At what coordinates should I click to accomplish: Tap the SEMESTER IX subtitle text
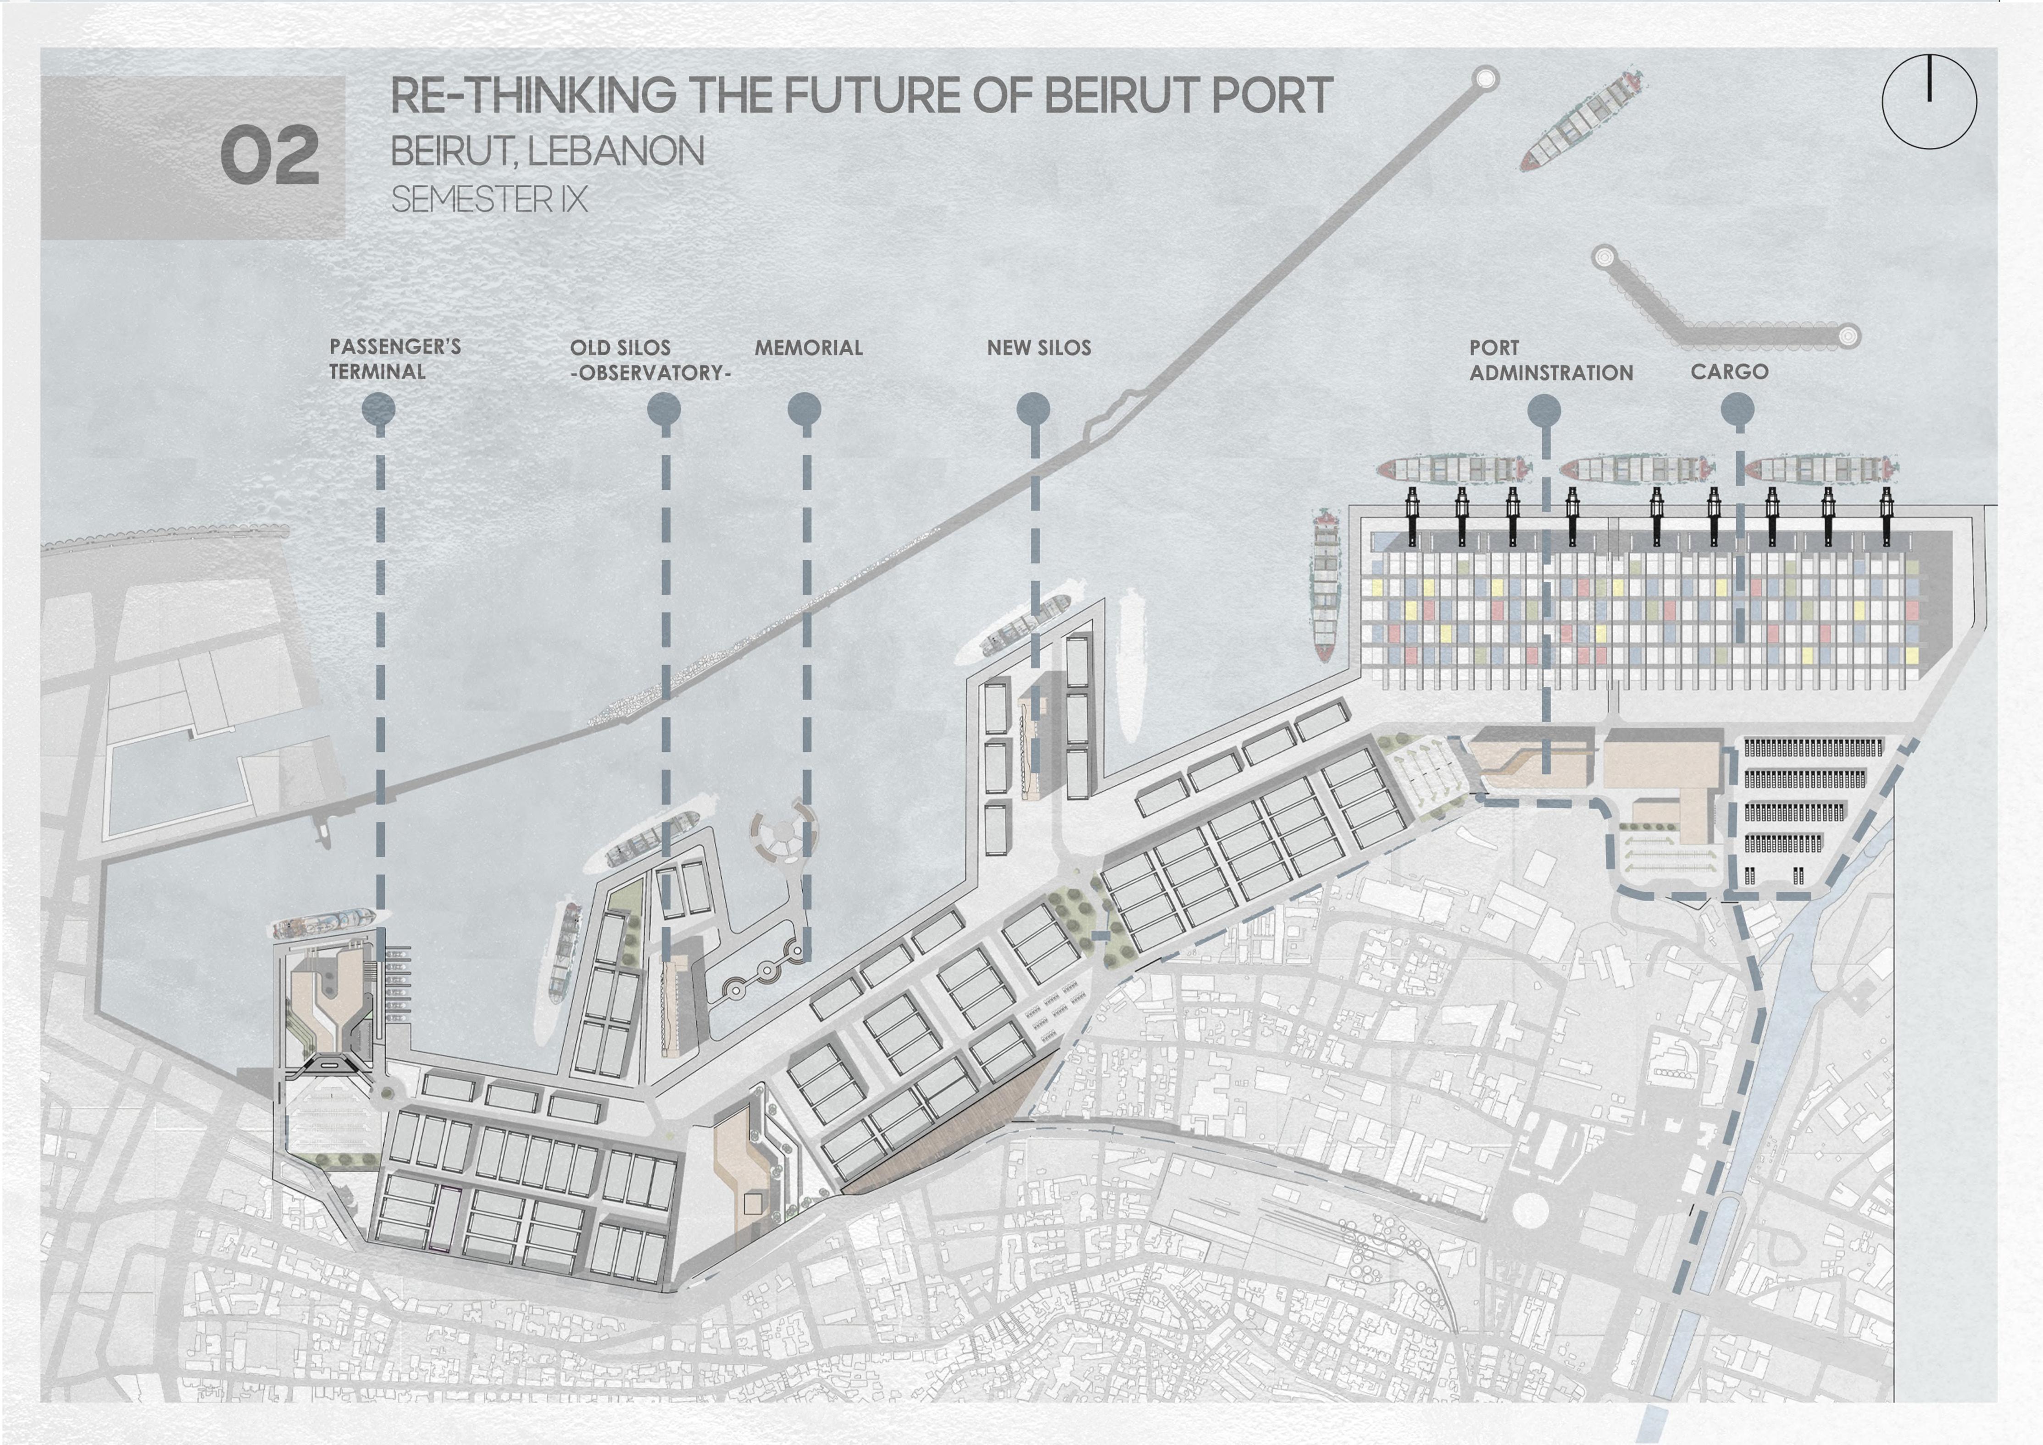(489, 199)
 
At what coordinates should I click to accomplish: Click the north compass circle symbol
(1929, 101)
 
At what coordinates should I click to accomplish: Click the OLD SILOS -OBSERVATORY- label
(650, 360)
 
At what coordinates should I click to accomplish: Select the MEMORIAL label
(808, 348)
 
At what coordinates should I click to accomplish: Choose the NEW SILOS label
(1038, 348)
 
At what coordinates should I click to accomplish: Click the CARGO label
(1729, 371)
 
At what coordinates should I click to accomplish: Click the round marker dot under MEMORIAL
(805, 410)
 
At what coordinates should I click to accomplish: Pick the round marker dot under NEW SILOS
(1033, 410)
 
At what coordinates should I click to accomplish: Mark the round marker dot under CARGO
(1738, 410)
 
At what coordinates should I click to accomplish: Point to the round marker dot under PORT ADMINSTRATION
(1544, 410)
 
